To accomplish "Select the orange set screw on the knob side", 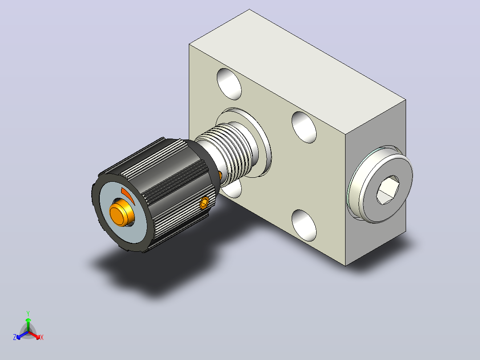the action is click(x=204, y=203).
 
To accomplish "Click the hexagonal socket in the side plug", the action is click(x=387, y=190).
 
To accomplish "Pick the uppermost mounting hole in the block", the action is click(x=229, y=84).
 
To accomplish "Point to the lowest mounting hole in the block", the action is click(x=304, y=225).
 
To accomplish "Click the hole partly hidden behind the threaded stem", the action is click(x=232, y=188).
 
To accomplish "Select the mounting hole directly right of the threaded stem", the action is click(x=304, y=127).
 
